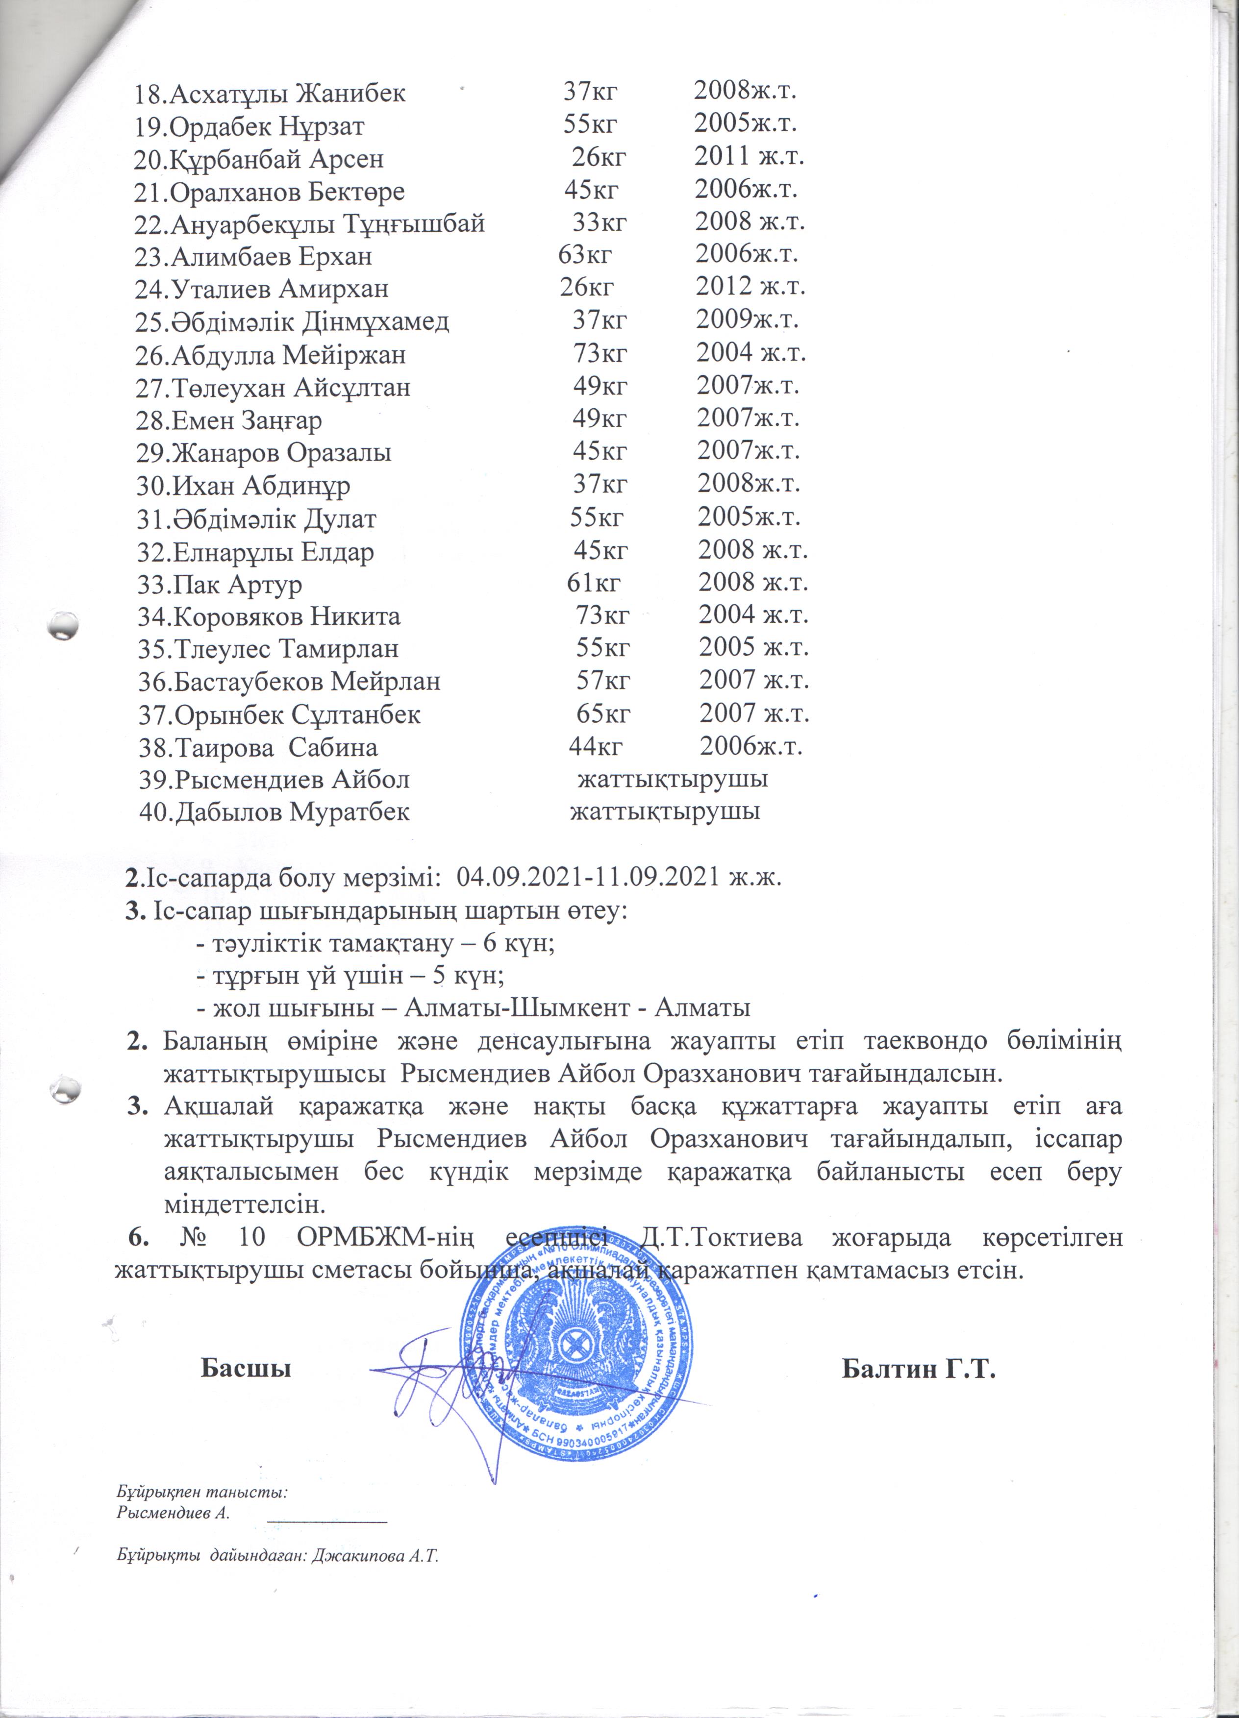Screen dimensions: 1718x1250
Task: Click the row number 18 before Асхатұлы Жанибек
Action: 149,94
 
